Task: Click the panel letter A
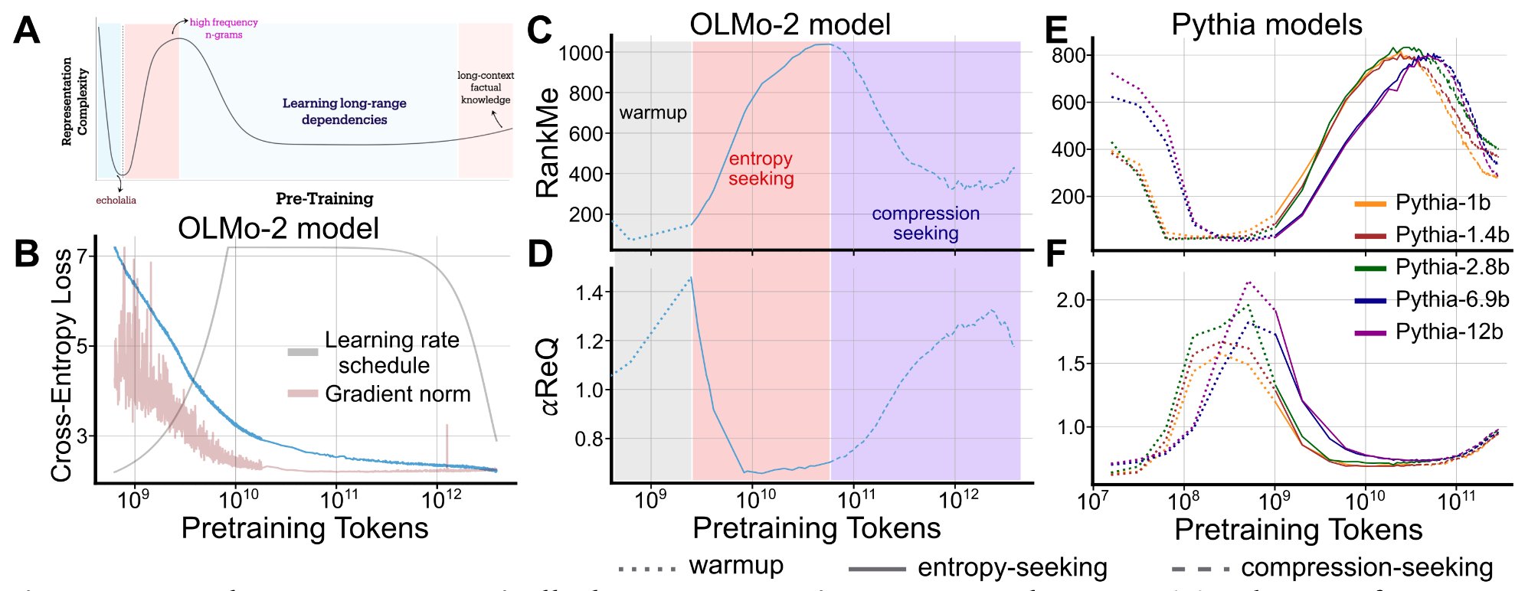(x=27, y=31)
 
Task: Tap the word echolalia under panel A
(x=116, y=201)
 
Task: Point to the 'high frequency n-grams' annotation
(x=224, y=28)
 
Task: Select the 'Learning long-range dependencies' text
(x=344, y=112)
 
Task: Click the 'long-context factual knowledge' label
(x=486, y=87)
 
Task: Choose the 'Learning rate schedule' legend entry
(x=391, y=352)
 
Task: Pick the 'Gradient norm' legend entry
(x=397, y=394)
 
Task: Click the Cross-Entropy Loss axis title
(x=62, y=364)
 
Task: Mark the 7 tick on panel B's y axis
(x=81, y=256)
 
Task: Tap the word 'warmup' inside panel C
(x=653, y=113)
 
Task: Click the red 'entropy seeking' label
(x=761, y=169)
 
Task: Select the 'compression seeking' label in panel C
(x=925, y=224)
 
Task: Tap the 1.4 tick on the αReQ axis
(x=590, y=292)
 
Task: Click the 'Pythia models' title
(x=1267, y=25)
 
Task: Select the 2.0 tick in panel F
(x=1070, y=300)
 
